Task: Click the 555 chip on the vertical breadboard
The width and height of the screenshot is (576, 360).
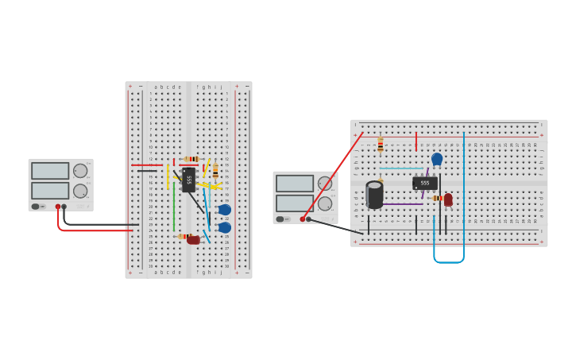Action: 188,180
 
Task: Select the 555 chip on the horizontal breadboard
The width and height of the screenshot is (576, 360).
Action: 425,183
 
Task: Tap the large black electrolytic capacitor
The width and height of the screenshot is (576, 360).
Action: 374,195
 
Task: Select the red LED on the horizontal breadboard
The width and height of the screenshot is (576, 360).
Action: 448,199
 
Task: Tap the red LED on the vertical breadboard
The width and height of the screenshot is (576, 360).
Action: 193,239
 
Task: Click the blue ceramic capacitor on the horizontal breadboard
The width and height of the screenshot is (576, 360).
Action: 437,159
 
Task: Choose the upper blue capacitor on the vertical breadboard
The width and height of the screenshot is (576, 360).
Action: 225,210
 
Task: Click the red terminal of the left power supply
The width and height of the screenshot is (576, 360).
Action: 58,207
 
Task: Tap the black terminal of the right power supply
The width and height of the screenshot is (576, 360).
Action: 309,219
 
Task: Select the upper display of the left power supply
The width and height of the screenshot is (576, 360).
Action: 49,171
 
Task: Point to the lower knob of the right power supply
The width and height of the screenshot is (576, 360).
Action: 324,203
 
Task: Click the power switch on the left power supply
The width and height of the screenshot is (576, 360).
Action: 36,207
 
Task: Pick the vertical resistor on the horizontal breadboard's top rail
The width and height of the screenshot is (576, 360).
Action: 381,145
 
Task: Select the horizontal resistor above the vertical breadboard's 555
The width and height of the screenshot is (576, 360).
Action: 191,159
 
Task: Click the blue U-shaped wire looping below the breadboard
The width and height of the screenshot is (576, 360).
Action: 449,261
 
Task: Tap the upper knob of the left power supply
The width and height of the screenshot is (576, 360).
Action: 80,171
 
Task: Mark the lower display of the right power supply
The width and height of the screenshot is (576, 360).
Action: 294,203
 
